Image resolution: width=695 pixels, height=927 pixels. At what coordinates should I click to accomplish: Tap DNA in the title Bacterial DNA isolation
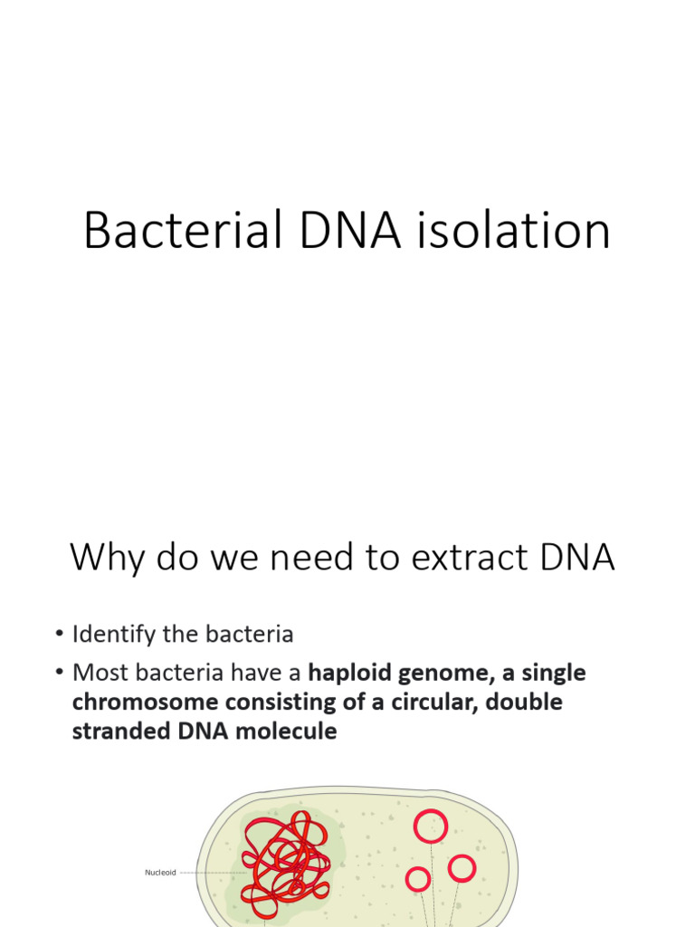349,231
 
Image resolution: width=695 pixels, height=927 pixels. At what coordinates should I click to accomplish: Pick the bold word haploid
354,673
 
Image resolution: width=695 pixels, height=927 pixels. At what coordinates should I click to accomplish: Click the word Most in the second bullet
97,673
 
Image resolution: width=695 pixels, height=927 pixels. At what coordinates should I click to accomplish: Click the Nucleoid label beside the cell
160,873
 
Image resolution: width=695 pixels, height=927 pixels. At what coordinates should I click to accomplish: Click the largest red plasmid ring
431,826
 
